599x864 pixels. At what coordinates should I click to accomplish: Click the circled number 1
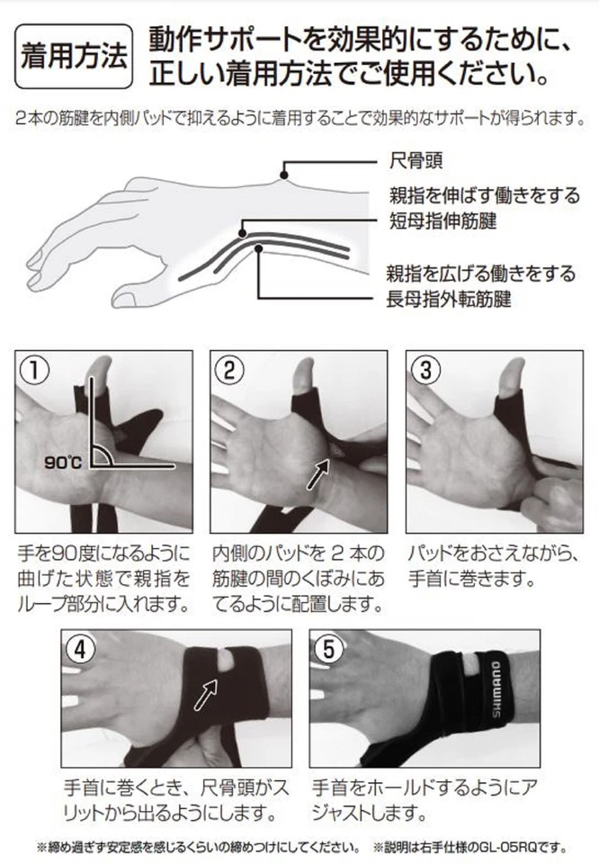coord(33,369)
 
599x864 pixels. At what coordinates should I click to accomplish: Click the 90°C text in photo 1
coord(63,463)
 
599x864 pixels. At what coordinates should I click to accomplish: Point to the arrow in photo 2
coord(319,473)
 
